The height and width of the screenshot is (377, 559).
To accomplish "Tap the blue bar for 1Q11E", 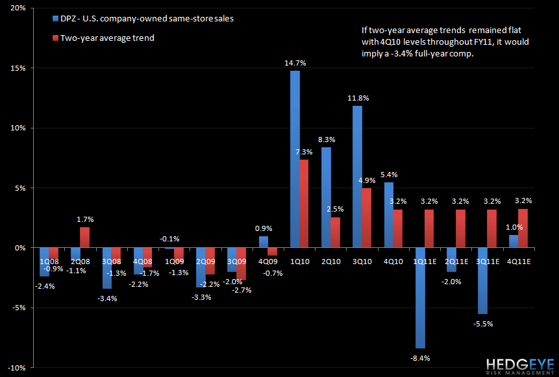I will tap(420, 298).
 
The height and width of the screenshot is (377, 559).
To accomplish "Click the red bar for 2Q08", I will tap(84, 237).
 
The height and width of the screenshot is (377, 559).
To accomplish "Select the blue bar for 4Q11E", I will tap(514, 241).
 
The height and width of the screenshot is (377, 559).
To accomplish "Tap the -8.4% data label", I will tap(420, 358).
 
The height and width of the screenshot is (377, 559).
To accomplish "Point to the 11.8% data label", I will tap(357, 99).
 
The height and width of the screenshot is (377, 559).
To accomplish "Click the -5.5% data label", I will tap(482, 322).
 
